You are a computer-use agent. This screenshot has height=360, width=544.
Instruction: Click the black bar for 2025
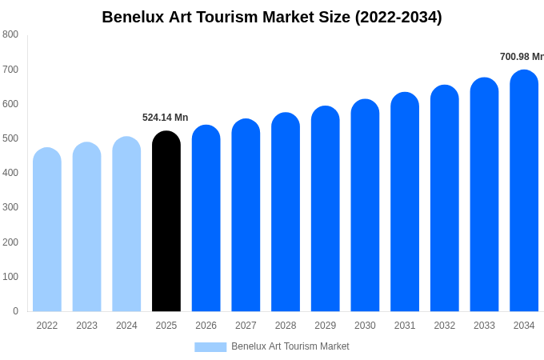(166, 222)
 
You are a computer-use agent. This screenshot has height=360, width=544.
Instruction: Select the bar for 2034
(524, 192)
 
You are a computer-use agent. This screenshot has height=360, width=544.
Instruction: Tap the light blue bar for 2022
(47, 230)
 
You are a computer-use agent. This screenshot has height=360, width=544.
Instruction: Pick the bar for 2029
(326, 210)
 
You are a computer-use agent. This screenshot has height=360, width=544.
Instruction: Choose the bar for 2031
(405, 202)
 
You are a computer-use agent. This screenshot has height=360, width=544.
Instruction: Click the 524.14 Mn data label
(166, 118)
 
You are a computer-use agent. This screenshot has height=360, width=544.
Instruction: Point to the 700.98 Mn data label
(522, 57)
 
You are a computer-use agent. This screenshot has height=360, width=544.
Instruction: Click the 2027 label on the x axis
(246, 326)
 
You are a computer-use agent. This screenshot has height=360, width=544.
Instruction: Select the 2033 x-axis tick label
(484, 326)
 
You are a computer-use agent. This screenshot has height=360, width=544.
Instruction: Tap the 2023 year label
(86, 326)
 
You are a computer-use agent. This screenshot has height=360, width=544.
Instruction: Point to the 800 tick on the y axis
(10, 34)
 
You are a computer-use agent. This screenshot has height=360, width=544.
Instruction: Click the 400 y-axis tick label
(10, 173)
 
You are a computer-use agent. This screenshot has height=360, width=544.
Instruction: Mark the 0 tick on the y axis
(15, 311)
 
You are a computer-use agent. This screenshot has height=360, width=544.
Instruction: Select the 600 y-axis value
(10, 104)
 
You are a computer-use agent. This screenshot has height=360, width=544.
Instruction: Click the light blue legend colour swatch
(210, 347)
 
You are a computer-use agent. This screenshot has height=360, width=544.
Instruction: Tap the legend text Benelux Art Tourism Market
(290, 346)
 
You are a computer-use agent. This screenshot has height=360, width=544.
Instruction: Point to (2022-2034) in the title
(398, 17)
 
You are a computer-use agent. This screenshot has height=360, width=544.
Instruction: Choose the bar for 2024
(126, 225)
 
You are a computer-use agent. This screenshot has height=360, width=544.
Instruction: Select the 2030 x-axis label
(365, 326)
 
